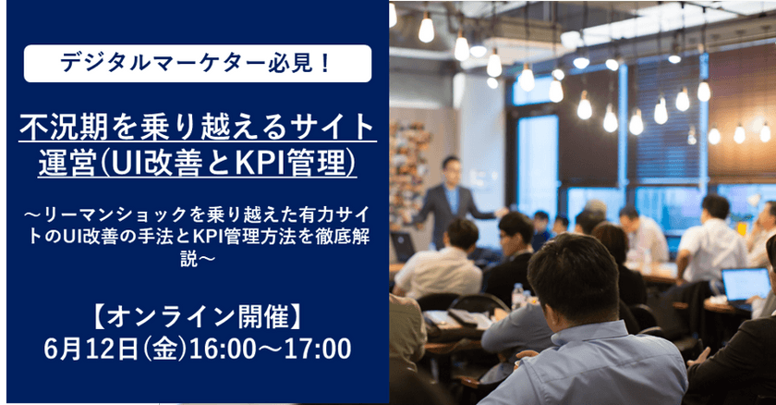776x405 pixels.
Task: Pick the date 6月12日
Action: [96, 350]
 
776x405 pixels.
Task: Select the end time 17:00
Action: [320, 350]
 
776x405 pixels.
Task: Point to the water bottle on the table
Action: [517, 295]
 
